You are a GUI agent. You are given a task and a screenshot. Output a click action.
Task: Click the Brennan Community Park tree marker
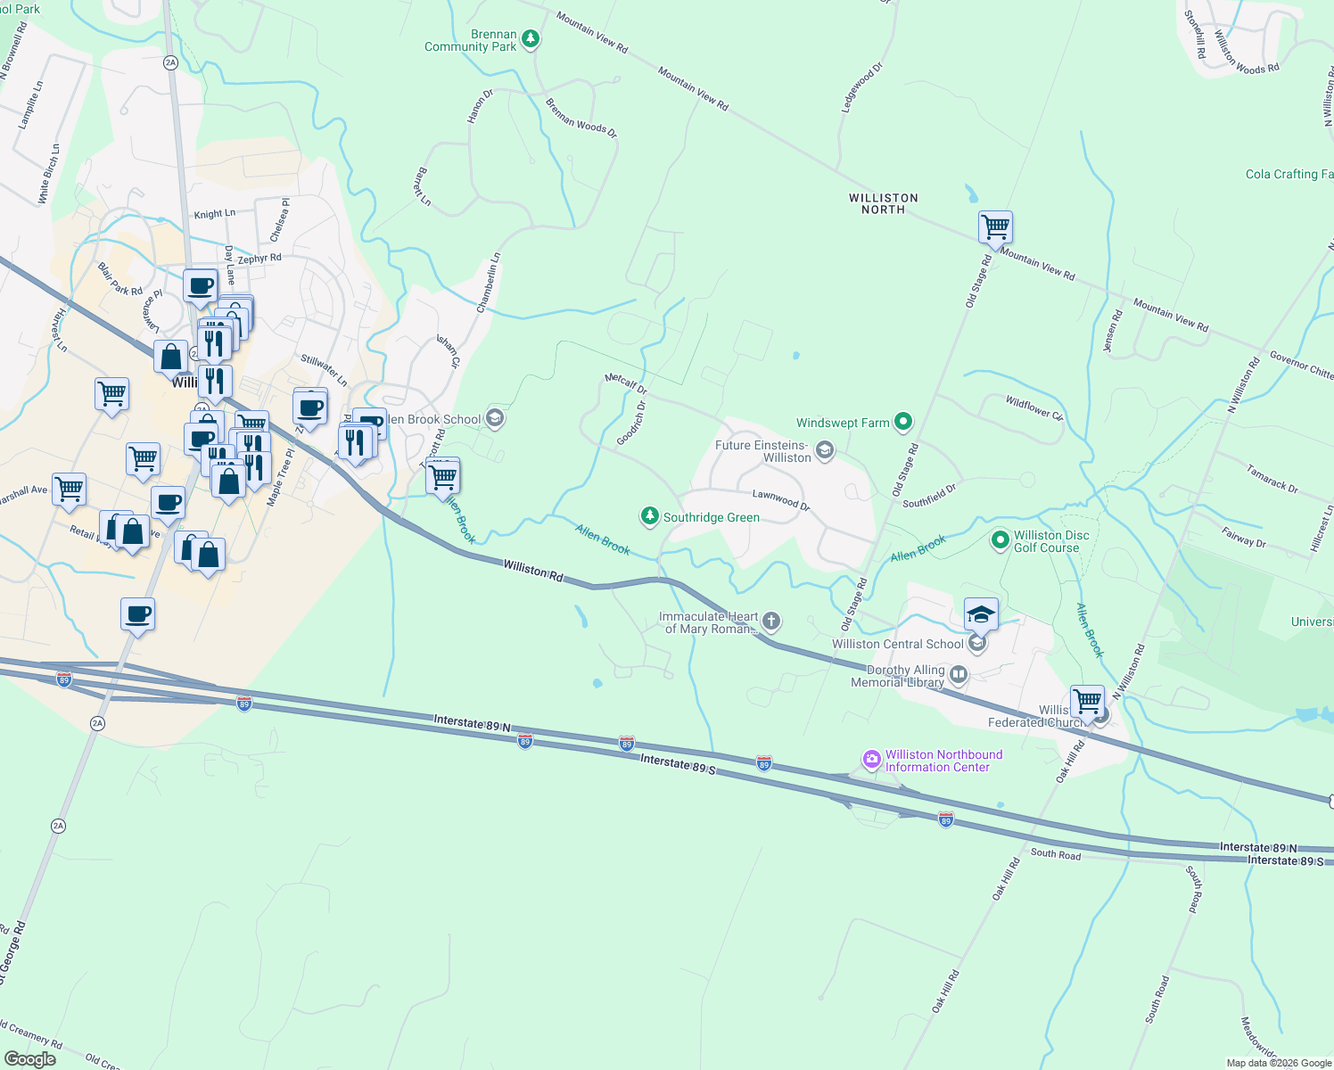[x=531, y=38]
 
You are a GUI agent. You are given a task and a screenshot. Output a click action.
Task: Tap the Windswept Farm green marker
[x=903, y=422]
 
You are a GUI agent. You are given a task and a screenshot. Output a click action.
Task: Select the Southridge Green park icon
[x=650, y=516]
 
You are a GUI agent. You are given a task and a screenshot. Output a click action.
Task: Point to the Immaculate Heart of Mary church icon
[x=771, y=621]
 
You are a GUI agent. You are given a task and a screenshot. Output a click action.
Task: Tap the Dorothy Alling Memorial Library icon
[x=959, y=675]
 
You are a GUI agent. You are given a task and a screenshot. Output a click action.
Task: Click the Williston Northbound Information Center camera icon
[x=871, y=760]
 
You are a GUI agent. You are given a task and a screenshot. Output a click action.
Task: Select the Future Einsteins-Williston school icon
[x=825, y=450]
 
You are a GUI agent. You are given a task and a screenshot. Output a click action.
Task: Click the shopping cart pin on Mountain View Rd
[x=995, y=226]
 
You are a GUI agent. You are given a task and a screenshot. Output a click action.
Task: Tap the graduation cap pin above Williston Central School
[x=980, y=613]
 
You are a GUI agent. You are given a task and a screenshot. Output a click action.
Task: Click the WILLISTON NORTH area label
[x=883, y=203]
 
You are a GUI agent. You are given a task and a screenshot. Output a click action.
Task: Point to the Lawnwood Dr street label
[x=780, y=499]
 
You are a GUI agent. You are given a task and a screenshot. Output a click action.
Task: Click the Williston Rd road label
[x=533, y=571]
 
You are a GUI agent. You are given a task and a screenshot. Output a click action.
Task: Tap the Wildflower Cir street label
[x=1034, y=408]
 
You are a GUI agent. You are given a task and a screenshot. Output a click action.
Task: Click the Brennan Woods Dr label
[x=581, y=118]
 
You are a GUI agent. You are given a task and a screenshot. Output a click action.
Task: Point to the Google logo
[x=30, y=1058]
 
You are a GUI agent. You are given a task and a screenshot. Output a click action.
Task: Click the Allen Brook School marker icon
[x=496, y=418]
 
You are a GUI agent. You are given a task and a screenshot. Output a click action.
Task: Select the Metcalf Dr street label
[x=625, y=383]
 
